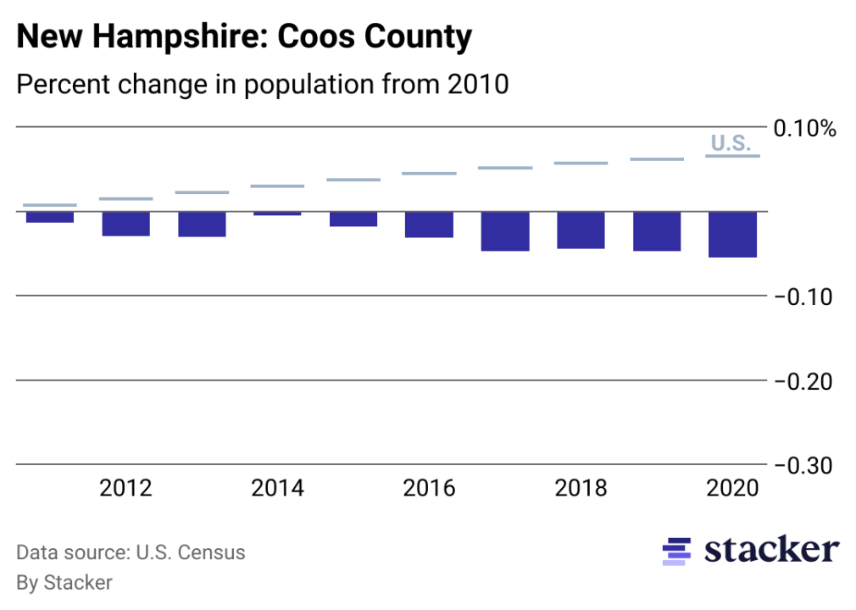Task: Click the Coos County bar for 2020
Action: click(x=733, y=234)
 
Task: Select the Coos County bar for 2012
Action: click(x=126, y=224)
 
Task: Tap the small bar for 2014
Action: click(x=278, y=213)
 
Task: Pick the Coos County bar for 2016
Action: click(x=430, y=225)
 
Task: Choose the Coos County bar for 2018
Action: click(x=581, y=230)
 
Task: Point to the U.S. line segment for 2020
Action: click(x=733, y=156)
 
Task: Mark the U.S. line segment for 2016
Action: click(x=430, y=174)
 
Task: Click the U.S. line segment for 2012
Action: click(x=126, y=199)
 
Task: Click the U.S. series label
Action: click(x=731, y=143)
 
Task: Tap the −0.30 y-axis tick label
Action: click(x=803, y=466)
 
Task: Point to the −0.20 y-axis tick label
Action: click(x=803, y=381)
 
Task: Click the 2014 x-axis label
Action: click(x=278, y=489)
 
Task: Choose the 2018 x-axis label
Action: click(x=581, y=489)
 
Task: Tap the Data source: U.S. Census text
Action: click(x=131, y=553)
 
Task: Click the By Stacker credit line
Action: click(x=64, y=583)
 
